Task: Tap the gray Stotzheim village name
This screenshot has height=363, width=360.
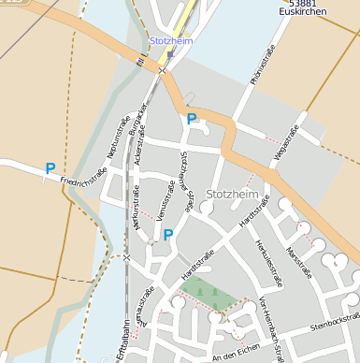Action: [230, 194]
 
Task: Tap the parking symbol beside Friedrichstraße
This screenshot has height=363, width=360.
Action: [50, 169]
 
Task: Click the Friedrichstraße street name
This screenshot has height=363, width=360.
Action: [83, 176]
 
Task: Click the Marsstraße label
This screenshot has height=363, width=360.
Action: [299, 263]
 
